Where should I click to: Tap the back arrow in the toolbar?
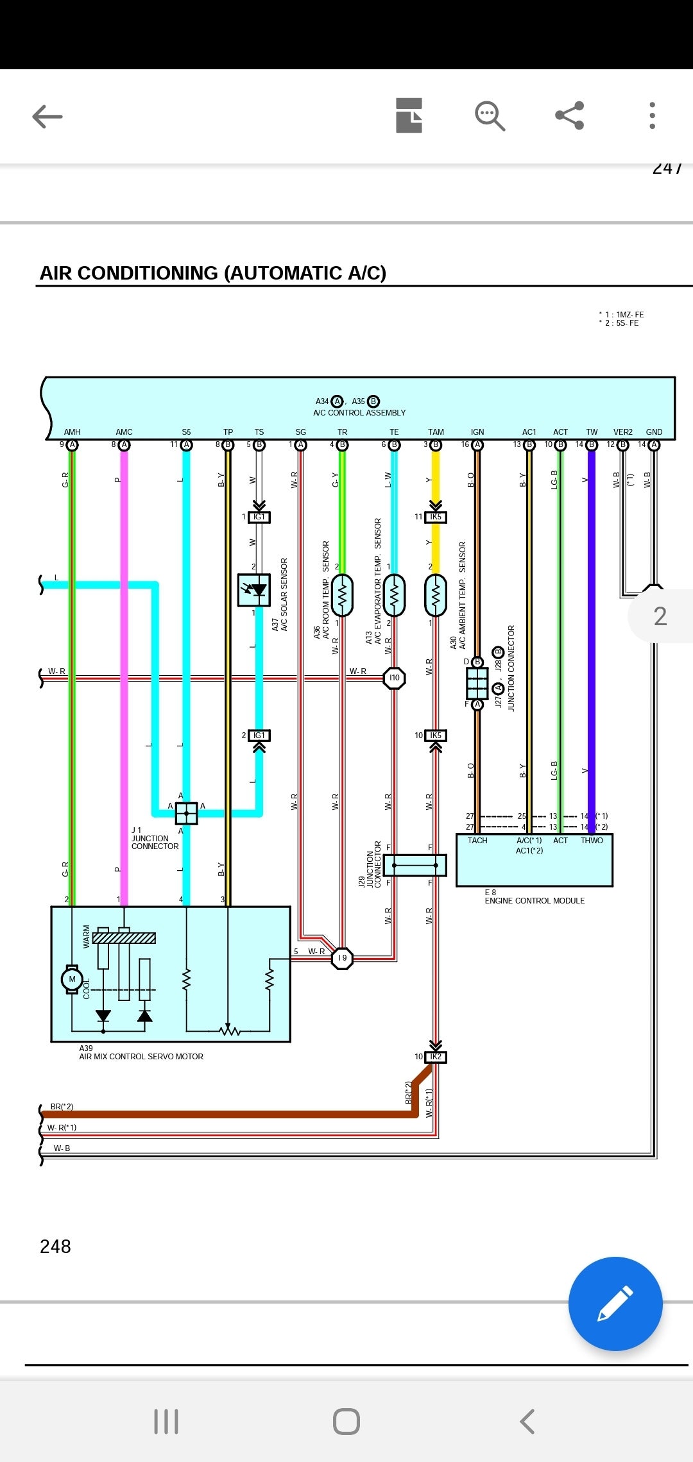[x=47, y=116]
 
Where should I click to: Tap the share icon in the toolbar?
[x=569, y=115]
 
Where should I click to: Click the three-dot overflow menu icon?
[x=652, y=115]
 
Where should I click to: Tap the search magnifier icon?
[x=490, y=116]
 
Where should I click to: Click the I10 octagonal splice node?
[x=394, y=678]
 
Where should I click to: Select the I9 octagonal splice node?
[x=342, y=958]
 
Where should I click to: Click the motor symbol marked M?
[x=72, y=979]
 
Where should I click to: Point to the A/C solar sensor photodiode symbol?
[x=254, y=590]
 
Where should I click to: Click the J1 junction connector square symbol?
[x=186, y=813]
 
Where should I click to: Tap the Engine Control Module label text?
[x=535, y=900]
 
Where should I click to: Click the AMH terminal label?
[x=72, y=432]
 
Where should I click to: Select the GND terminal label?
[x=654, y=432]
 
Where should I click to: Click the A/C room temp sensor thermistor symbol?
[x=342, y=596]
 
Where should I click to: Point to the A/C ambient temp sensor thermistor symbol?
[x=436, y=596]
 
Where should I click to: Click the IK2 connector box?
[x=436, y=1056]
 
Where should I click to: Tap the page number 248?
[x=55, y=1246]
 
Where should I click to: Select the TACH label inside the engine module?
[x=477, y=841]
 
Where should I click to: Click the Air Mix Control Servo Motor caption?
[x=141, y=1056]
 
